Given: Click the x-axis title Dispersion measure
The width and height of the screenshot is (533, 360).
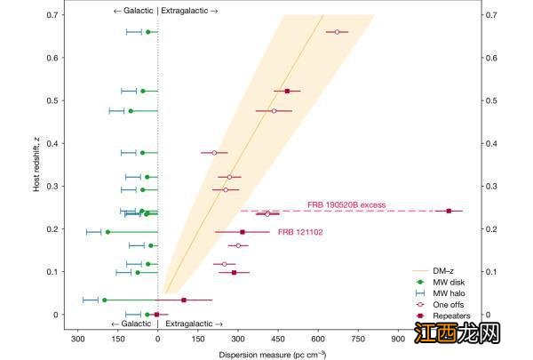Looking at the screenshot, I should point(266,354).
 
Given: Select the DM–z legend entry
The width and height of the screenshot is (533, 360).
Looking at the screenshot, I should point(444,269).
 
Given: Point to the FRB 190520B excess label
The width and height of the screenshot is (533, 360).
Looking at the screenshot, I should point(346,204).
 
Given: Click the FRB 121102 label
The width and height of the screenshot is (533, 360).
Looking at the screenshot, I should point(299,232).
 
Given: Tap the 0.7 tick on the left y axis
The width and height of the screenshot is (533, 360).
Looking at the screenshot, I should point(55,15).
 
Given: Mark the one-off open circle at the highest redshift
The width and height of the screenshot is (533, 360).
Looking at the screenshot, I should point(337,32).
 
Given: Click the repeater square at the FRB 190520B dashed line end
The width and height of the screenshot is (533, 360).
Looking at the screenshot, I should point(449,211).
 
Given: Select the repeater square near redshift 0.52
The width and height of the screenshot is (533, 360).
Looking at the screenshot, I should point(287,91).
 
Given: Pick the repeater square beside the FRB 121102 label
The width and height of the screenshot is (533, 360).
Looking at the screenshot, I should point(243,232).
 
